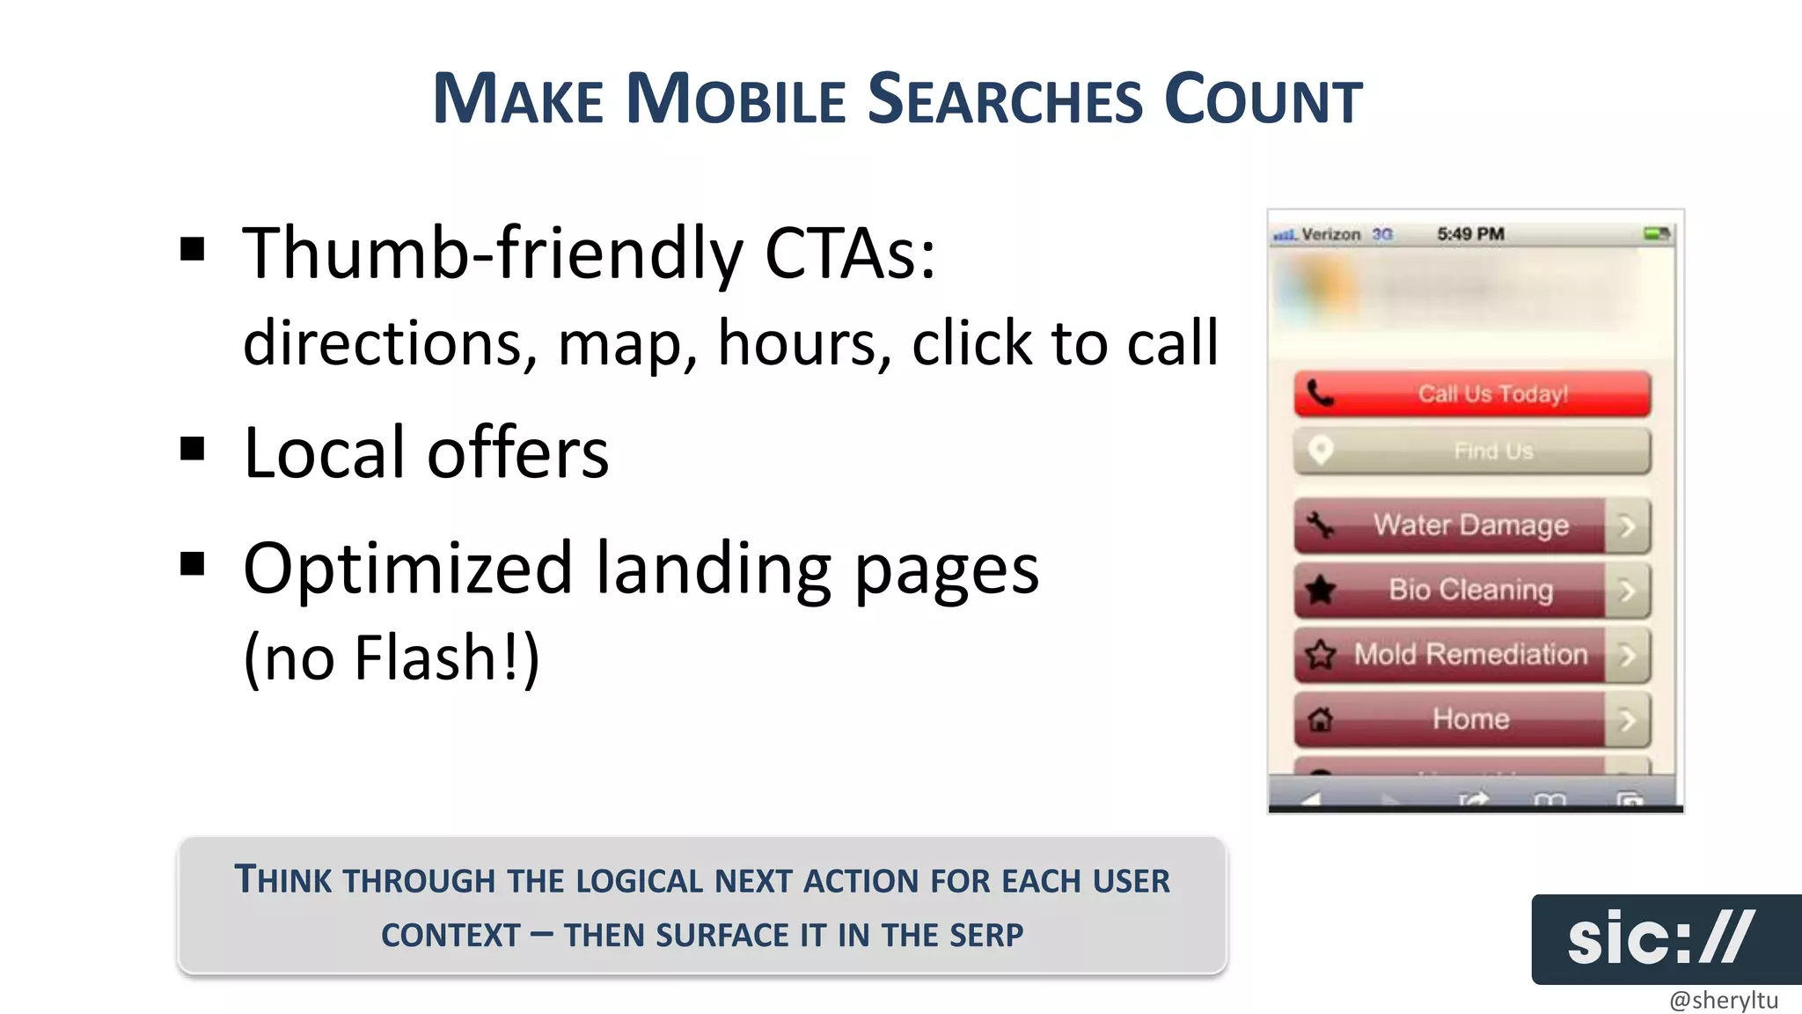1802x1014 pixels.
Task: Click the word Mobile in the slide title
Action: click(x=736, y=99)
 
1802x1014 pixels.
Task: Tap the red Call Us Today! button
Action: click(x=1471, y=393)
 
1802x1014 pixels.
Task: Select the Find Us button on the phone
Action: click(x=1471, y=451)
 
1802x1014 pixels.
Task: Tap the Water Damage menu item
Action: click(x=1470, y=525)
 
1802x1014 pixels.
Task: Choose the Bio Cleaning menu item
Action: click(x=1470, y=590)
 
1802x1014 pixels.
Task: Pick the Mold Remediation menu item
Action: click(x=1470, y=654)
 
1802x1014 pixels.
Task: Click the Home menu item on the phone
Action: click(x=1470, y=719)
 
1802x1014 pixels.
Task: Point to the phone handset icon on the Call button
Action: click(x=1320, y=393)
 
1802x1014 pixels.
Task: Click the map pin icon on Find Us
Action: click(x=1320, y=450)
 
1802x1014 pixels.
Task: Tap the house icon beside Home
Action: click(x=1320, y=720)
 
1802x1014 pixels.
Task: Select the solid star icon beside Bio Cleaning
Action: click(x=1320, y=590)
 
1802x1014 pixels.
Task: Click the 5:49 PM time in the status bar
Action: click(x=1470, y=234)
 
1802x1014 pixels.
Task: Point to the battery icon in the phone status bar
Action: click(x=1657, y=234)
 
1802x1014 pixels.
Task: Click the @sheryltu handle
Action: click(x=1723, y=1000)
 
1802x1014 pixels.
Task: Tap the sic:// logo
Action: click(x=1659, y=938)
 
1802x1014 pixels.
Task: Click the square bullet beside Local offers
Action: click(x=192, y=450)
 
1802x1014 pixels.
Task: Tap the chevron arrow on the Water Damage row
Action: click(x=1627, y=526)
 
